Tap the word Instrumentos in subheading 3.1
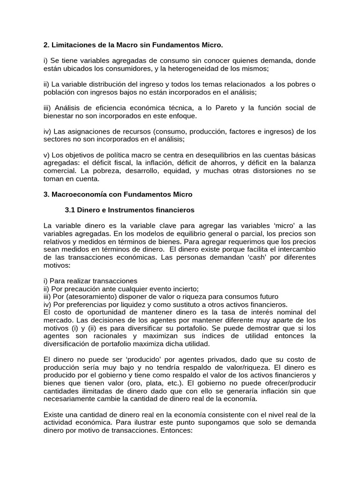[x=124, y=210]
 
